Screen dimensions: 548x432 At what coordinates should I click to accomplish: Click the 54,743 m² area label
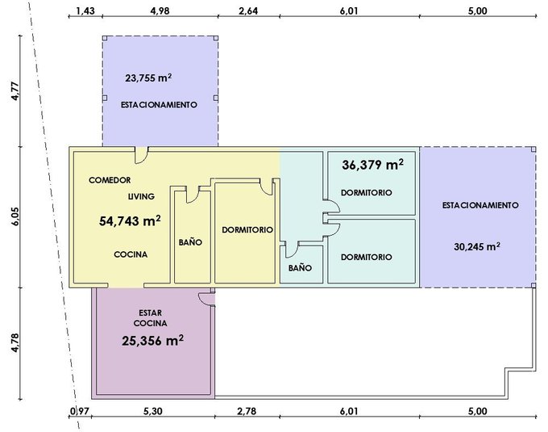[x=130, y=221]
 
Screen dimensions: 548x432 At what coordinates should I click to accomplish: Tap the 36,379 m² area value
[x=372, y=164]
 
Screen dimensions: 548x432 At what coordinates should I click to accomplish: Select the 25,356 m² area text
[x=153, y=340]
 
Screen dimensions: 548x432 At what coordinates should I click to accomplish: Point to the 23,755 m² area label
[x=148, y=78]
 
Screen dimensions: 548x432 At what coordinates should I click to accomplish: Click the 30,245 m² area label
[x=477, y=246]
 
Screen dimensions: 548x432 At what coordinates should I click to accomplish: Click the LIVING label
[x=141, y=196]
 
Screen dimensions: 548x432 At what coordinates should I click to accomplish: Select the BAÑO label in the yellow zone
[x=190, y=242]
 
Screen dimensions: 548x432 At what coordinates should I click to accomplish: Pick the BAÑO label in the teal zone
[x=301, y=267]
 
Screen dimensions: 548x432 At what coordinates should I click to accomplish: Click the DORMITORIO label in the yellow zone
[x=247, y=229]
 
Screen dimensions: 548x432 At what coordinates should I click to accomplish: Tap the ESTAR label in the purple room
[x=150, y=312]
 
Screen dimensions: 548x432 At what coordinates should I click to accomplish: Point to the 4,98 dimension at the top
[x=160, y=10]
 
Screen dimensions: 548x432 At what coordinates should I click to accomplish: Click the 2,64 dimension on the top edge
[x=248, y=10]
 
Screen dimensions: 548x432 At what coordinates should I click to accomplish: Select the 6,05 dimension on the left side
[x=15, y=216]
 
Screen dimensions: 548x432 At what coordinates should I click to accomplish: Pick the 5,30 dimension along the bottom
[x=153, y=411]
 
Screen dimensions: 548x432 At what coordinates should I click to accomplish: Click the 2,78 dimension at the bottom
[x=247, y=411]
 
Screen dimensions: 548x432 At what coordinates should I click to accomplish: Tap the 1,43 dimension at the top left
[x=85, y=10]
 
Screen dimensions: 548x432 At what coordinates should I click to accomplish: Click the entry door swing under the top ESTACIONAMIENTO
[x=141, y=155]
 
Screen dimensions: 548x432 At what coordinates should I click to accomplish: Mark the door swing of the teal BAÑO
[x=292, y=250]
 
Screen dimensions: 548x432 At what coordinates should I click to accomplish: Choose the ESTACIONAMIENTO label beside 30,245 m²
[x=480, y=205]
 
